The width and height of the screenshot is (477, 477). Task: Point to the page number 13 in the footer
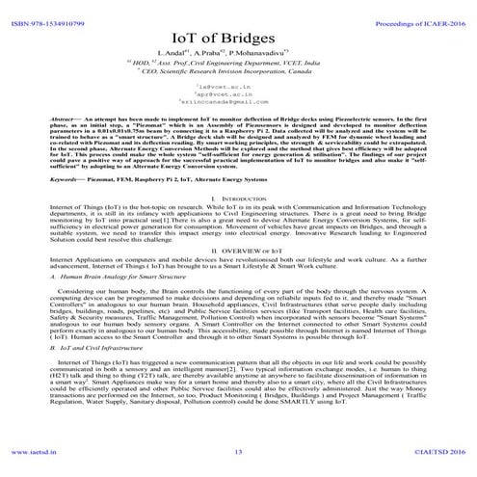tap(238, 451)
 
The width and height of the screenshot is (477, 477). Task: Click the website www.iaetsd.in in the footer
tap(36, 451)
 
